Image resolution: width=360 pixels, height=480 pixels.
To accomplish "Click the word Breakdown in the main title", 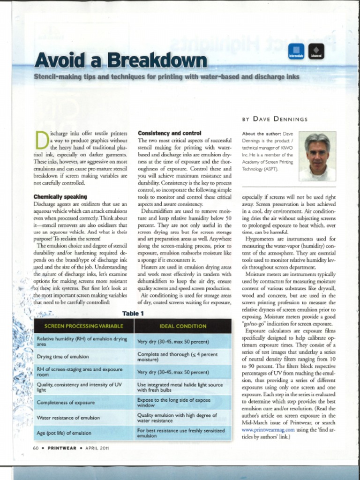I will coord(157,60).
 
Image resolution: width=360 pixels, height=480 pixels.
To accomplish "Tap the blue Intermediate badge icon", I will coord(296,51).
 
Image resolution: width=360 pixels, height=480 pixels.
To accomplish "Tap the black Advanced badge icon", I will coord(316,51).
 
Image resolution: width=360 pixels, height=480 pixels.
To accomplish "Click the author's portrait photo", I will coord(317,157).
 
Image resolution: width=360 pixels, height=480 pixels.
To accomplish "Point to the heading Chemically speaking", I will coord(60,197).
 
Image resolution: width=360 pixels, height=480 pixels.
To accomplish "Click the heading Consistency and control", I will coord(170,133).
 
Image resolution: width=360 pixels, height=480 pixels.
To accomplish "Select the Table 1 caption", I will coord(133,314).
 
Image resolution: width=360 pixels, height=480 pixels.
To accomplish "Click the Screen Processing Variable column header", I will coord(84,326).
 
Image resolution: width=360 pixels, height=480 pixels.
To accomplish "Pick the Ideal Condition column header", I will coord(183,326).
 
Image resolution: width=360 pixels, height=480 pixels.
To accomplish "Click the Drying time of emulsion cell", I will coord(63,357).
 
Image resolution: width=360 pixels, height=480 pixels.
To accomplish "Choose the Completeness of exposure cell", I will coord(66,402).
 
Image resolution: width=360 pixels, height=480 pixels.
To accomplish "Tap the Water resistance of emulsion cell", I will coord(68,417).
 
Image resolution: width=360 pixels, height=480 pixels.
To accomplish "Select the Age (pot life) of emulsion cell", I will coord(64,433).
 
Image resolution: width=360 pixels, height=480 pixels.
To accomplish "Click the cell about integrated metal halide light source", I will coord(180,387).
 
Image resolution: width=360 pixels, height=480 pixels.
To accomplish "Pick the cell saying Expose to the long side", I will coord(174,402).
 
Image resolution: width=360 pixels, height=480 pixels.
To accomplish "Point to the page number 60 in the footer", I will coord(36,448).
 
